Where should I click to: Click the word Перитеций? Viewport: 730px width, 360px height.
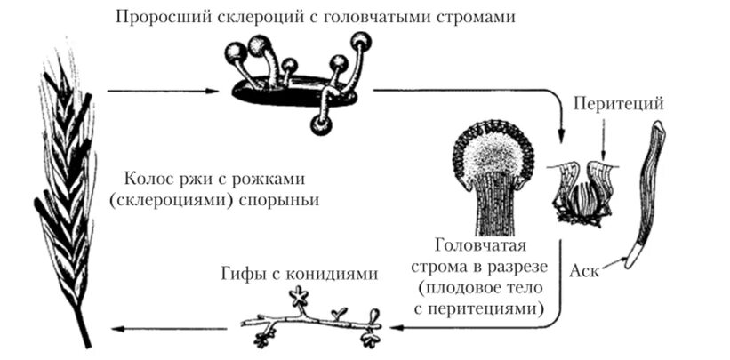tap(620, 103)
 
